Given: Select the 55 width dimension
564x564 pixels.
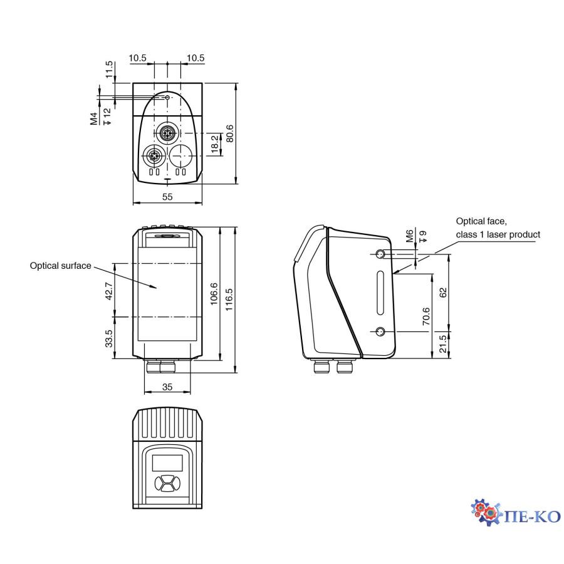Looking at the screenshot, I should pos(167,197).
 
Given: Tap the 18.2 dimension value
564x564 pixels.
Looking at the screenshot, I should pos(215,144).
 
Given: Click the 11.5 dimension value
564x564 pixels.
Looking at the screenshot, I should pos(110,70).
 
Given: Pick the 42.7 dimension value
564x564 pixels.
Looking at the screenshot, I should pos(109,291).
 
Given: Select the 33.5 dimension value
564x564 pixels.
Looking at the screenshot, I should pos(109,339).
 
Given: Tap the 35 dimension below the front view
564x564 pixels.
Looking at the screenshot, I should pos(167,387).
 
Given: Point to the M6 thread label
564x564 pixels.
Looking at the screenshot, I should pos(409,236).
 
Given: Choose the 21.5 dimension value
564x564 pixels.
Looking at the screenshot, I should pos(443,344).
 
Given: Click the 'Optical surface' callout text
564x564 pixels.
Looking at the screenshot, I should pos(60,266).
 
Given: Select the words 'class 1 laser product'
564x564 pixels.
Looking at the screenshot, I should pos(498,234).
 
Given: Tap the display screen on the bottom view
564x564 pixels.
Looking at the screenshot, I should pos(167,463).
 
